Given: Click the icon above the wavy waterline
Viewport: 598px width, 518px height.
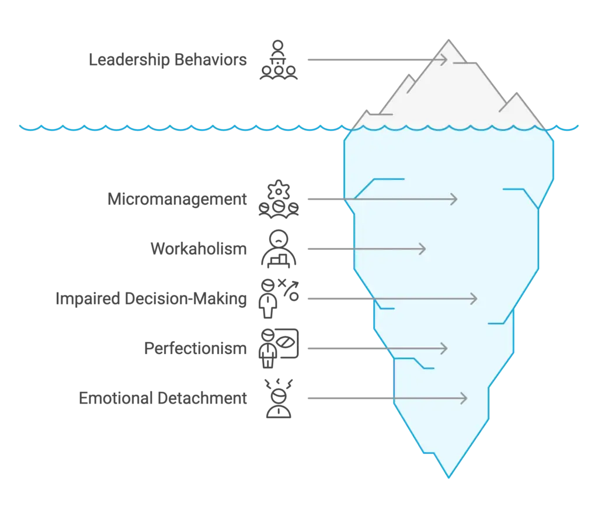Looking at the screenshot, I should [x=279, y=60].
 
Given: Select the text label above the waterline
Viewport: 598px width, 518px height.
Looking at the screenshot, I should [x=168, y=60].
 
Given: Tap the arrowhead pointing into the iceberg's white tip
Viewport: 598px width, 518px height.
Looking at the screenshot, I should [x=444, y=59].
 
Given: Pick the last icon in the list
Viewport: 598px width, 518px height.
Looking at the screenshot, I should [x=279, y=399].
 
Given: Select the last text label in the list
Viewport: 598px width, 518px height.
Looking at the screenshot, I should [x=163, y=399].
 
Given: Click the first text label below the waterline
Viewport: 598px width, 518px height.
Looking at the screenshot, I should [x=177, y=199].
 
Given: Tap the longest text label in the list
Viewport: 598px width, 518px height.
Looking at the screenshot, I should [x=151, y=300].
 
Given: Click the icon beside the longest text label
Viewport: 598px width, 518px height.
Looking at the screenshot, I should [x=279, y=299].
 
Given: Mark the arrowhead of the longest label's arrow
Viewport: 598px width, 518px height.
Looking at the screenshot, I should [x=474, y=299].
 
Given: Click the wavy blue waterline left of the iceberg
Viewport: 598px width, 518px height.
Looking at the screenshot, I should [x=175, y=127].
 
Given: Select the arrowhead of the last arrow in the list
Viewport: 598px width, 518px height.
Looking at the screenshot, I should [x=464, y=399].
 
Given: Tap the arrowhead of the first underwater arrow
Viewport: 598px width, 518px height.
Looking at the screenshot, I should [x=454, y=199].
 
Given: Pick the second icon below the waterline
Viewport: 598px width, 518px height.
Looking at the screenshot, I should [x=279, y=249].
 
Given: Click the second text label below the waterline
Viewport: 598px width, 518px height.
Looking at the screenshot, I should [x=198, y=249].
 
